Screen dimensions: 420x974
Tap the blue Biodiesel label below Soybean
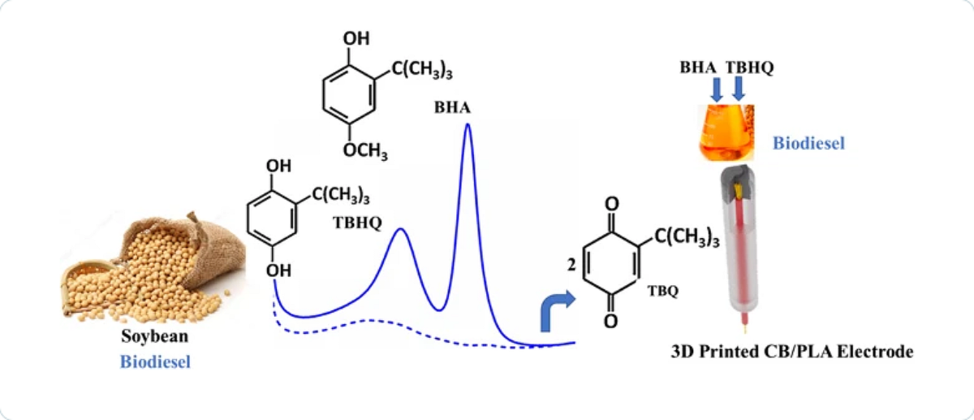pos(155,362)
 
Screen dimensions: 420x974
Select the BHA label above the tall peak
pos(450,107)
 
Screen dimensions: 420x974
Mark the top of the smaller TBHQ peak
pos(400,230)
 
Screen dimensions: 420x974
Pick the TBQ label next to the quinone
pos(663,289)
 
